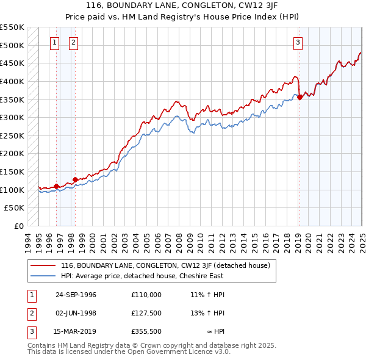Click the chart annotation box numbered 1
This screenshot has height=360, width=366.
(55, 42)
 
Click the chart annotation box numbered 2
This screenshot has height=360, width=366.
(73, 42)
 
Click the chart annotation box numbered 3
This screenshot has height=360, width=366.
(298, 42)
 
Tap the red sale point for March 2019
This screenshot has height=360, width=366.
(300, 96)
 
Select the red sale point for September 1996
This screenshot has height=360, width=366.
(56, 186)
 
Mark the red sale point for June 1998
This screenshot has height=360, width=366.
(75, 179)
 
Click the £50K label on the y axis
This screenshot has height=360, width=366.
(15, 208)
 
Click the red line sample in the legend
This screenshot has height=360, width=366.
(43, 265)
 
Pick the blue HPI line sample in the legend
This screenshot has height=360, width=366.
(43, 276)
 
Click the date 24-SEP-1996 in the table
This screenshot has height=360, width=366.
(76, 295)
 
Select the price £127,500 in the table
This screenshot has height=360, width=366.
(146, 314)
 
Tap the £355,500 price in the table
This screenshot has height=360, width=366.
(146, 333)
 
